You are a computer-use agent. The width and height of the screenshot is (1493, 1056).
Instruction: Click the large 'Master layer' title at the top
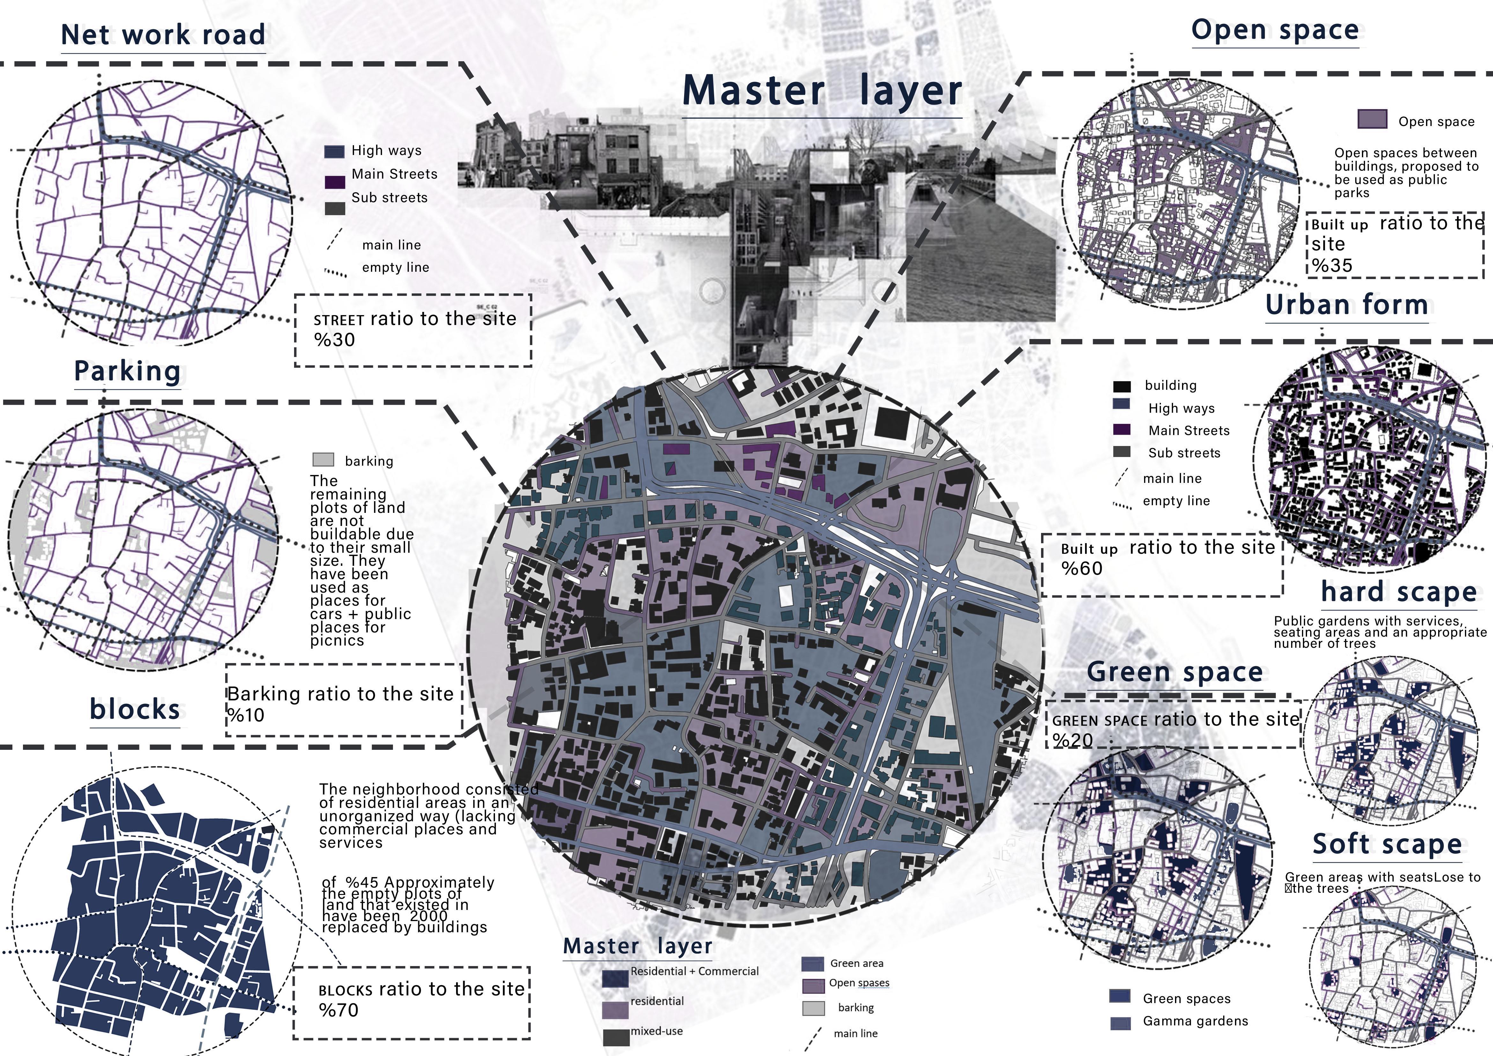click(x=822, y=91)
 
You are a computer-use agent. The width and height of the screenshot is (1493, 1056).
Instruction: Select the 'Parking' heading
click(x=128, y=371)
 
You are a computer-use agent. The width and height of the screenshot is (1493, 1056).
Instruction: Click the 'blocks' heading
click(x=135, y=709)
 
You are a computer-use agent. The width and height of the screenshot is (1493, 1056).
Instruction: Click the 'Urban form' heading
click(x=1347, y=305)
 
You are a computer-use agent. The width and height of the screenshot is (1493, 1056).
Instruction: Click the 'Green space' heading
click(x=1174, y=672)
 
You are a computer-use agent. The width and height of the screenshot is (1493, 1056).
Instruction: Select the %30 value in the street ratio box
click(x=334, y=340)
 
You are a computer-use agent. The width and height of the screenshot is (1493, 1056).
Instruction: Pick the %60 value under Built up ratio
click(x=1081, y=569)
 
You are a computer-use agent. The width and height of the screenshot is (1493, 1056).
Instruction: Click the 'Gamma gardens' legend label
click(x=1195, y=1021)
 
